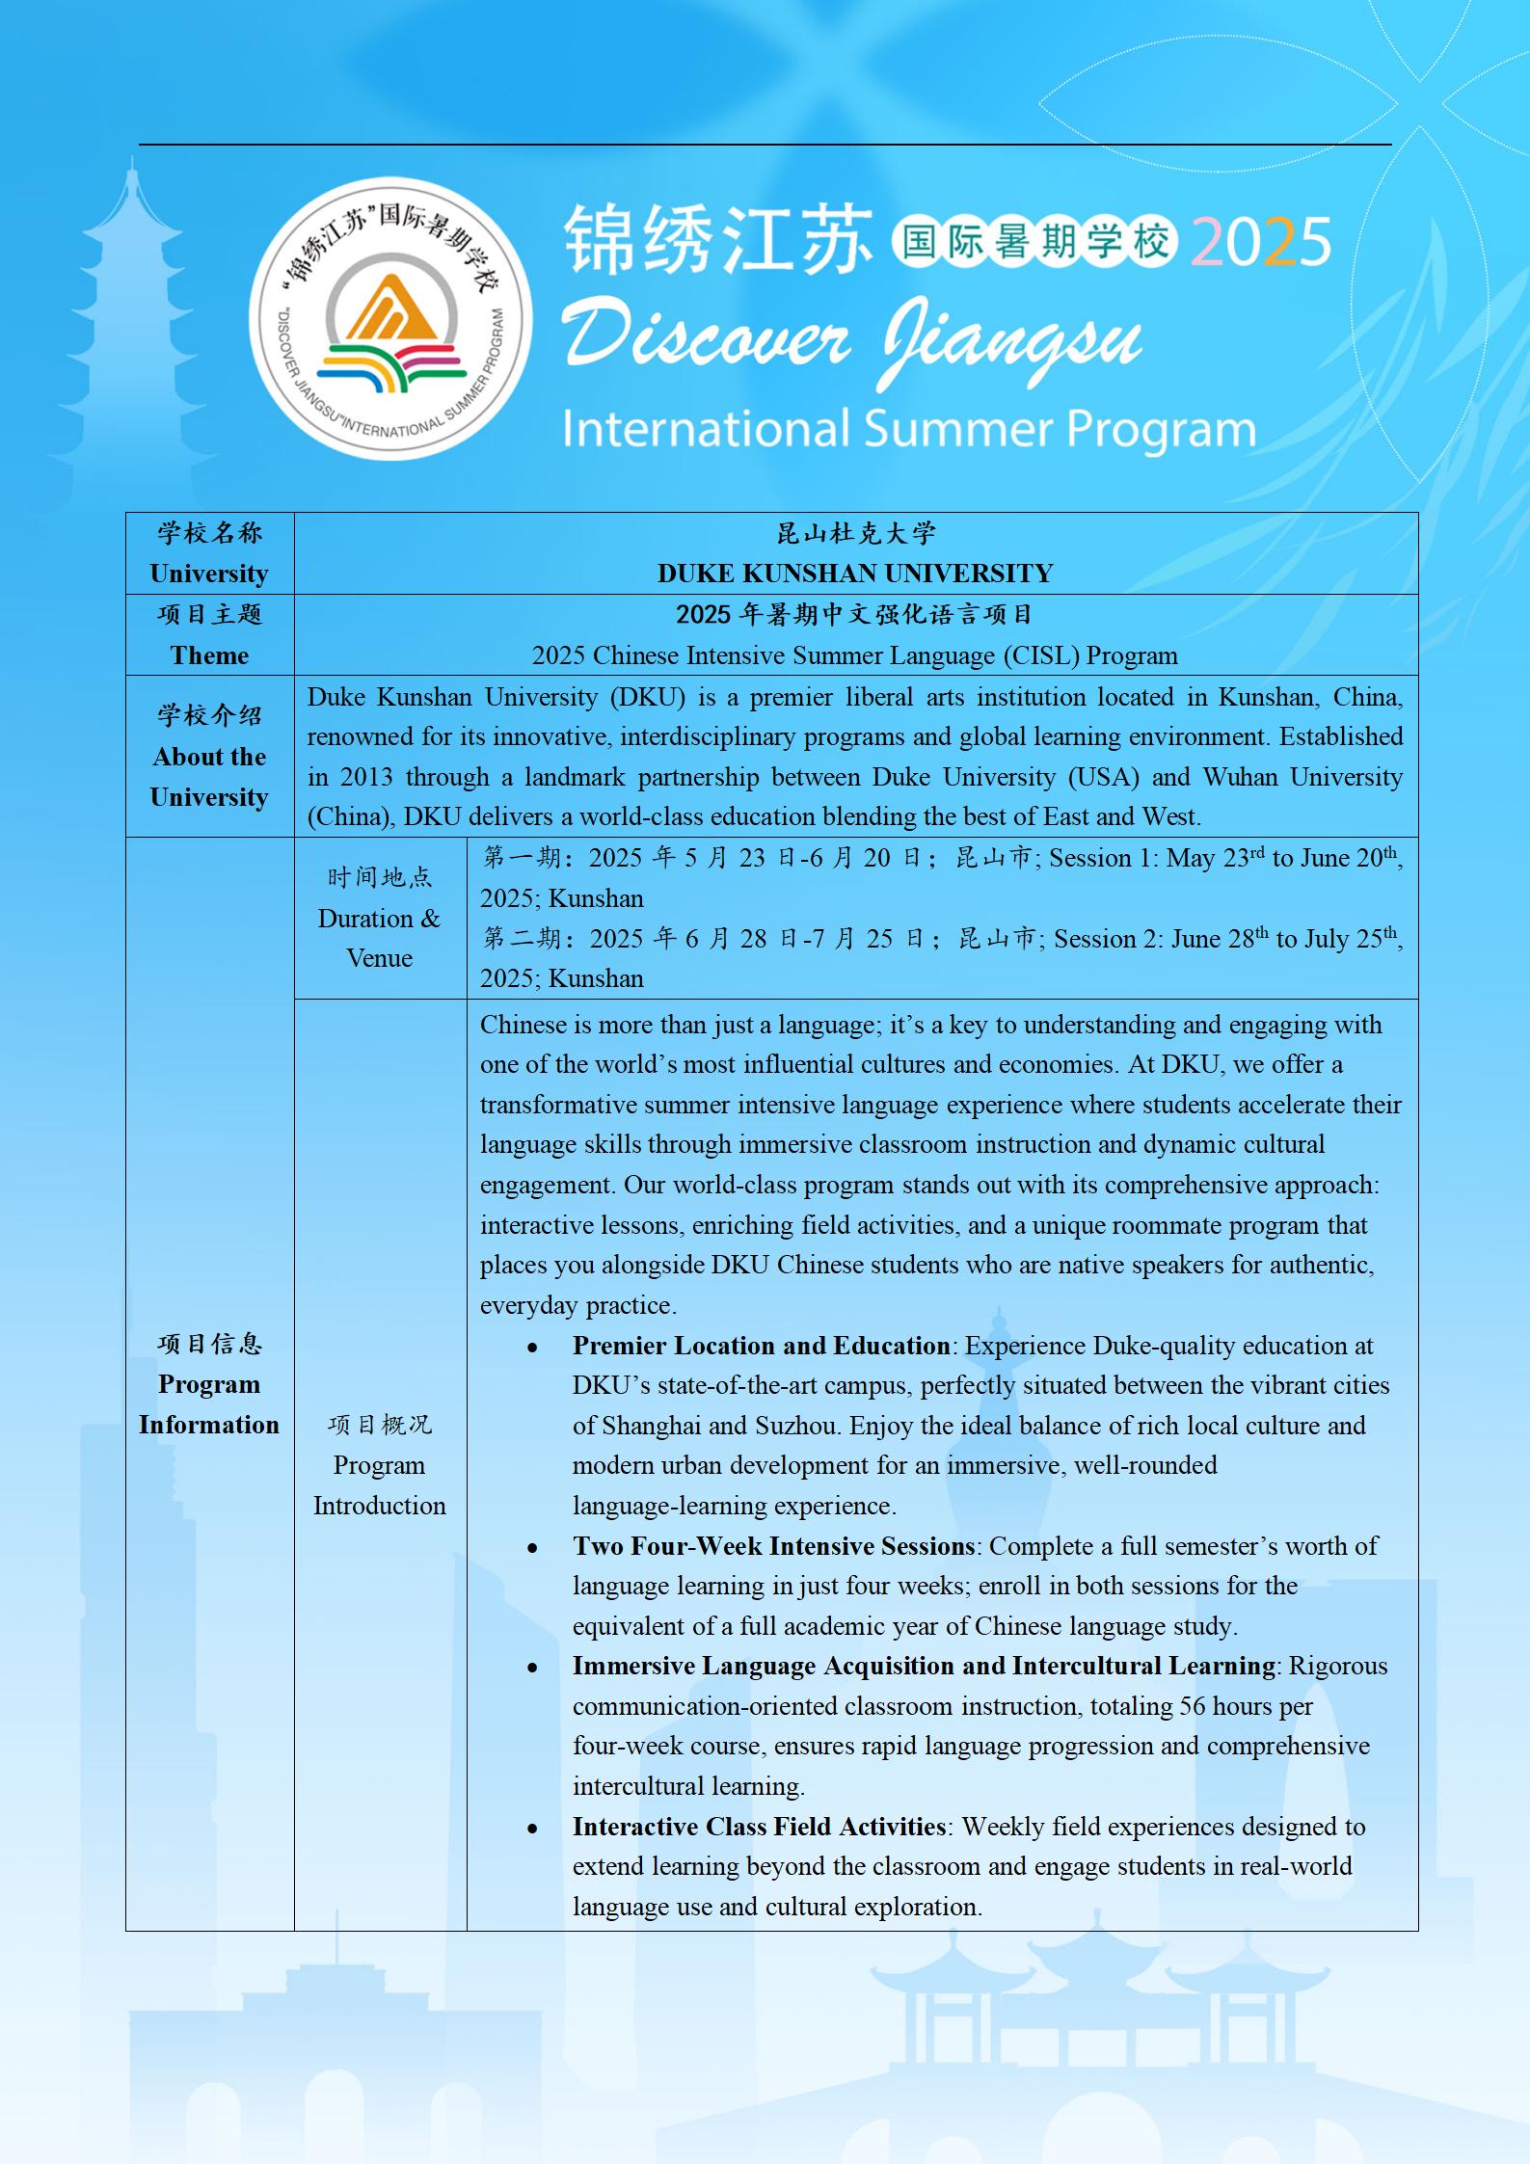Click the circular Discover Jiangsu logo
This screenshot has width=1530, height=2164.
[x=390, y=318]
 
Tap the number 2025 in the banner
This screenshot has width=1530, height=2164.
[x=1261, y=242]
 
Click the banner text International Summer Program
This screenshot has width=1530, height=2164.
[x=908, y=430]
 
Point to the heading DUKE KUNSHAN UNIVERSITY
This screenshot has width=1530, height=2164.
[x=854, y=574]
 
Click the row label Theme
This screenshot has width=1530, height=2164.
[x=209, y=655]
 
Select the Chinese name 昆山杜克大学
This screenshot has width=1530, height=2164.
[x=855, y=533]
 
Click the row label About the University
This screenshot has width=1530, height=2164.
[x=209, y=777]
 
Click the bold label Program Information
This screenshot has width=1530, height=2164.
[x=209, y=1404]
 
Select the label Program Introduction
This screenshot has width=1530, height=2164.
[x=379, y=1485]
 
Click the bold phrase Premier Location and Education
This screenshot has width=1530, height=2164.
[x=761, y=1346]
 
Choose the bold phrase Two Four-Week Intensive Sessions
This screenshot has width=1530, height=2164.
[x=773, y=1546]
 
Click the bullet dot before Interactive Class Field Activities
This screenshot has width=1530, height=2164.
[x=532, y=1829]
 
